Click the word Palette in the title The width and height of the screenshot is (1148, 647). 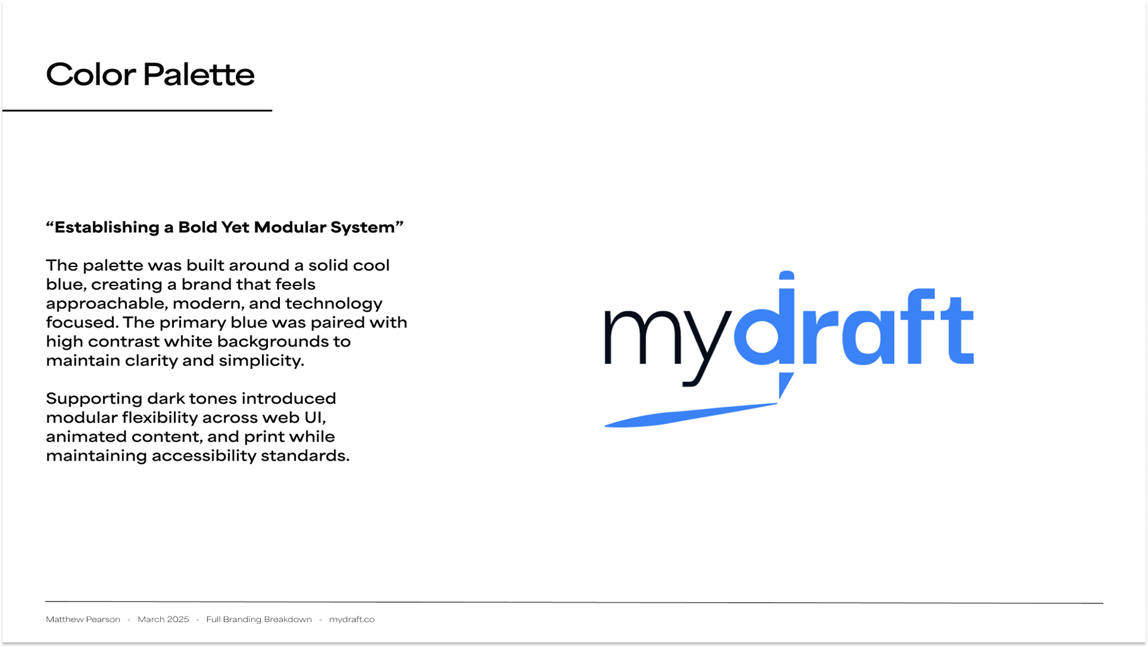pos(199,75)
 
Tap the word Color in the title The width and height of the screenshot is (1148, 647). pos(91,75)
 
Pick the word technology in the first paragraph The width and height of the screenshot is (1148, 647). pos(334,304)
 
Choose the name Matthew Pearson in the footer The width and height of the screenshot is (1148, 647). pos(83,620)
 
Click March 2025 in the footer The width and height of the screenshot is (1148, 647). pos(163,620)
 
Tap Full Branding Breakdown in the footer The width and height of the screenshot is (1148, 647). pos(259,620)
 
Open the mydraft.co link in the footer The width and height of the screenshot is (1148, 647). pos(352,620)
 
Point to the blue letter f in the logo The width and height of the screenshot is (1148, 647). pos(915,326)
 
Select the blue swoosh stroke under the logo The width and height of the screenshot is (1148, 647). pos(691,415)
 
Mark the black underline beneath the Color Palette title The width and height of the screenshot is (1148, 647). pos(137,111)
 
